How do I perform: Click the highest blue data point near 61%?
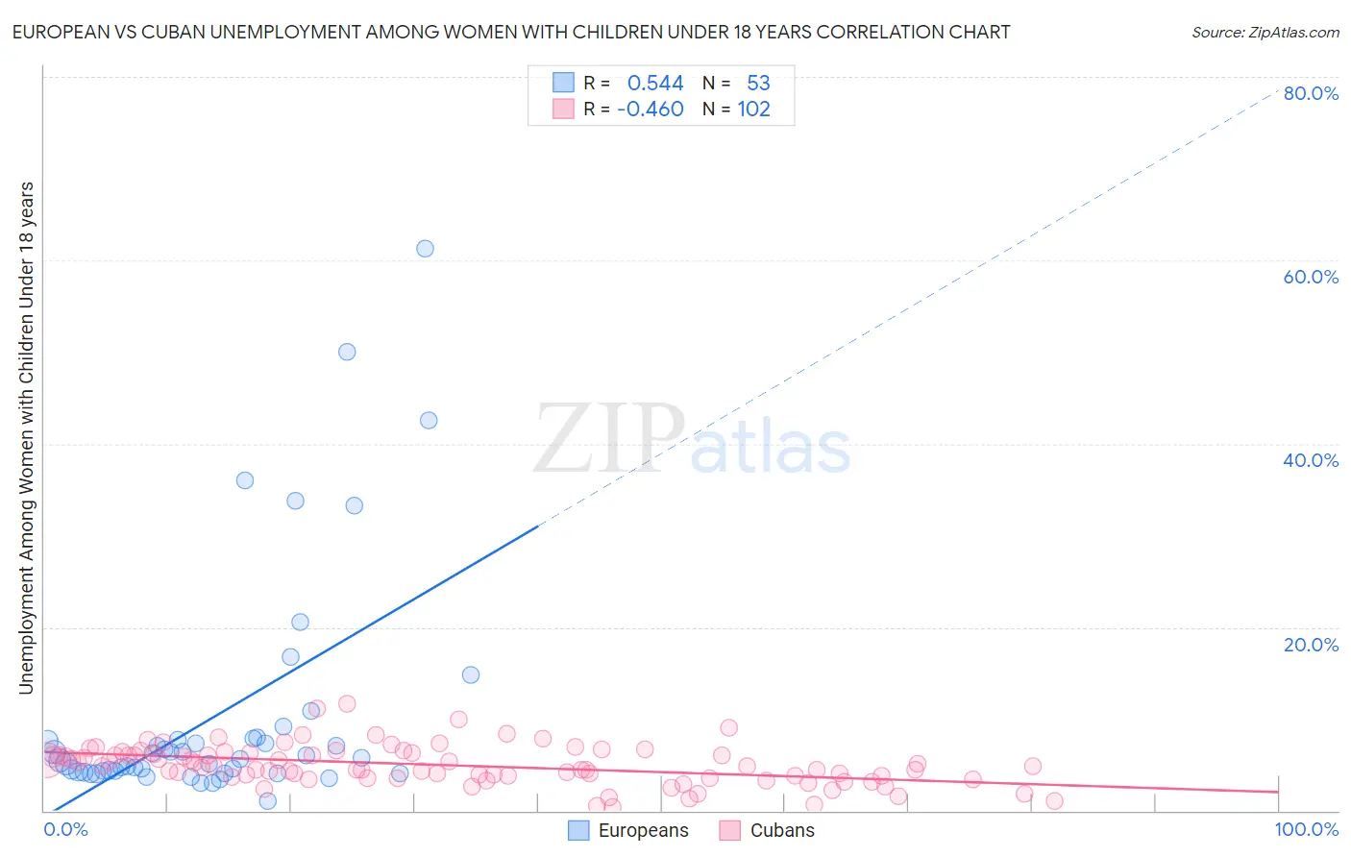point(425,249)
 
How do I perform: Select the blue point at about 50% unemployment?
point(347,352)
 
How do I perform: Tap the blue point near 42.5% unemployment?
point(429,421)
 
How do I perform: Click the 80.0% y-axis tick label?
point(1311,93)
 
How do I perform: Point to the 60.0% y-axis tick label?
point(1311,277)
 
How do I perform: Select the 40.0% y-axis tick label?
point(1311,460)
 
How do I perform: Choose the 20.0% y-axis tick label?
point(1311,645)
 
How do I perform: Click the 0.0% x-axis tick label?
point(65,830)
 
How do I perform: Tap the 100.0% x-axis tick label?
point(1307,830)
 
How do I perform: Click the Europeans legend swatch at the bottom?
point(578,831)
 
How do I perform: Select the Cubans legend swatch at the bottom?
point(730,831)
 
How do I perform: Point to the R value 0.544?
point(655,84)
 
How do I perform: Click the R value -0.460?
point(651,110)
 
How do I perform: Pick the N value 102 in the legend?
point(753,110)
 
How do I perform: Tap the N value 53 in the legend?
point(758,84)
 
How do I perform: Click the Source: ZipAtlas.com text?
point(1265,33)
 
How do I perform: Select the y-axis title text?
point(26,437)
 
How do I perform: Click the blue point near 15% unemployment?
point(471,674)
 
